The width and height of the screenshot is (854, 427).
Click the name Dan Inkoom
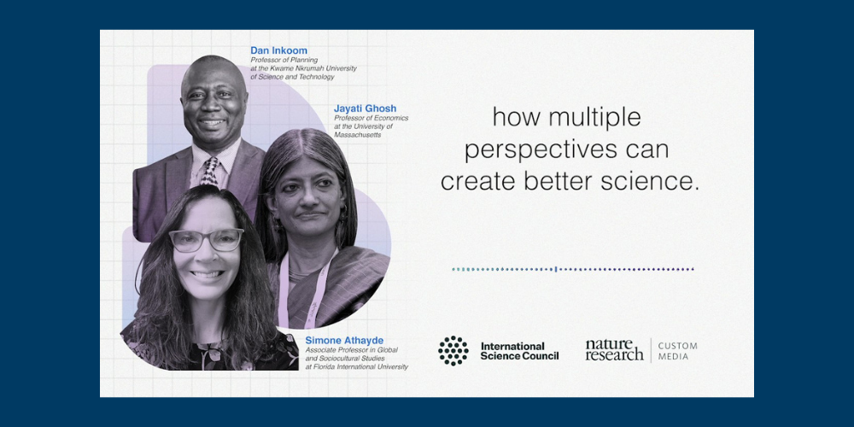(x=279, y=50)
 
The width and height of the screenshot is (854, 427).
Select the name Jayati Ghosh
(x=365, y=108)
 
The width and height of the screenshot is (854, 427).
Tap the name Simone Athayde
(x=344, y=341)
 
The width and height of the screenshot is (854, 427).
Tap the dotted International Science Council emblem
(x=453, y=350)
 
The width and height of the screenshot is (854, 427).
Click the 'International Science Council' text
(x=519, y=351)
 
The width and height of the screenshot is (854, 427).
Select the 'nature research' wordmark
(x=614, y=349)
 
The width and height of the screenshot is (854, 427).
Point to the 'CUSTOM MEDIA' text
(x=677, y=351)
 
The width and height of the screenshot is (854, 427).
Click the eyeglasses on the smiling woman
(x=206, y=240)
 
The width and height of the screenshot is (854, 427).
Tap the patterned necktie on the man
(x=210, y=173)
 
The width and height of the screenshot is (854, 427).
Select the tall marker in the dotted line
(x=556, y=269)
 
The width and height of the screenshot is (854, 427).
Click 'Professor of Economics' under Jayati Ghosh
(x=371, y=118)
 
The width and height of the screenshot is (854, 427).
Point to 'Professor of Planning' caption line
(x=284, y=60)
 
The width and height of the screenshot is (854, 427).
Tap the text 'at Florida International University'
(x=356, y=367)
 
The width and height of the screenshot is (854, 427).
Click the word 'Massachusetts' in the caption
(x=357, y=135)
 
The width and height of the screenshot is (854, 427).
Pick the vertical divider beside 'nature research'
(x=651, y=350)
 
